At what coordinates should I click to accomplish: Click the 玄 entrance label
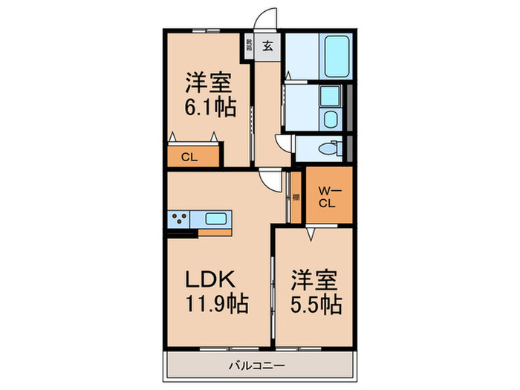point(267,45)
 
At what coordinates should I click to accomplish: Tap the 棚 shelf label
point(296,197)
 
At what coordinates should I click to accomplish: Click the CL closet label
point(189,157)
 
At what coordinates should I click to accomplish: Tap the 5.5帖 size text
point(316,304)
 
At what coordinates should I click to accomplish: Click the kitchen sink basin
point(216,219)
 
